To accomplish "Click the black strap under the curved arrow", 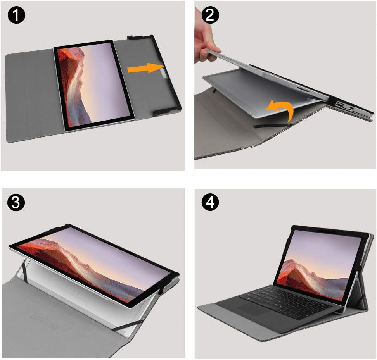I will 272,126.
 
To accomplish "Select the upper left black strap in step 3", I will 25,267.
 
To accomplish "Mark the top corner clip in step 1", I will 136,38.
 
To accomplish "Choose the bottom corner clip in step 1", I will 165,112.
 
